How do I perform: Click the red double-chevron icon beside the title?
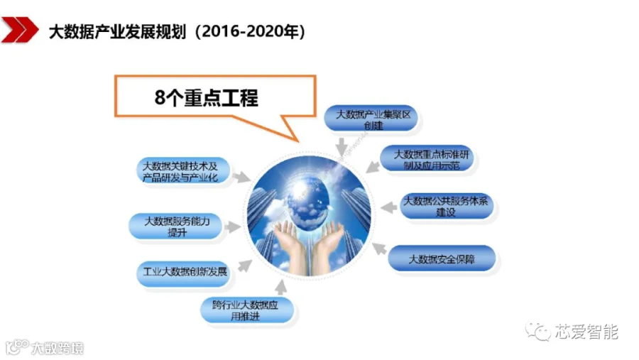pos(20,29)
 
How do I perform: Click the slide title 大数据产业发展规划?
pos(117,31)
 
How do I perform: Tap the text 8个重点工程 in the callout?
pos(206,98)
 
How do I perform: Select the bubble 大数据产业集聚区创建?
pos(373,119)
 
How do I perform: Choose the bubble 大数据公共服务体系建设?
pos(447,207)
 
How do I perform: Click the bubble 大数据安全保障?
pos(442,259)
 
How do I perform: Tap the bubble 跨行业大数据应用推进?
pos(247,310)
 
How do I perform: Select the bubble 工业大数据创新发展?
pos(184,272)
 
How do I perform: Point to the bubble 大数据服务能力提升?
pos(177,227)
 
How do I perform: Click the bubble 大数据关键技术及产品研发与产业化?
pos(182,172)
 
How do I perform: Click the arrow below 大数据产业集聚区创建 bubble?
pos(342,146)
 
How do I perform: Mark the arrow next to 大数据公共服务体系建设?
pos(389,207)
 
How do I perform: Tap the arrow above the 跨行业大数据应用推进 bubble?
pos(280,287)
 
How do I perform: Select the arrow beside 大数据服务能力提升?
pos(233,227)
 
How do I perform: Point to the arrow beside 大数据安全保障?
pos(379,249)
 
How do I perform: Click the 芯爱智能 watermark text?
pos(586,332)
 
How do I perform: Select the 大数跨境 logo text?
pos(57,349)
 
